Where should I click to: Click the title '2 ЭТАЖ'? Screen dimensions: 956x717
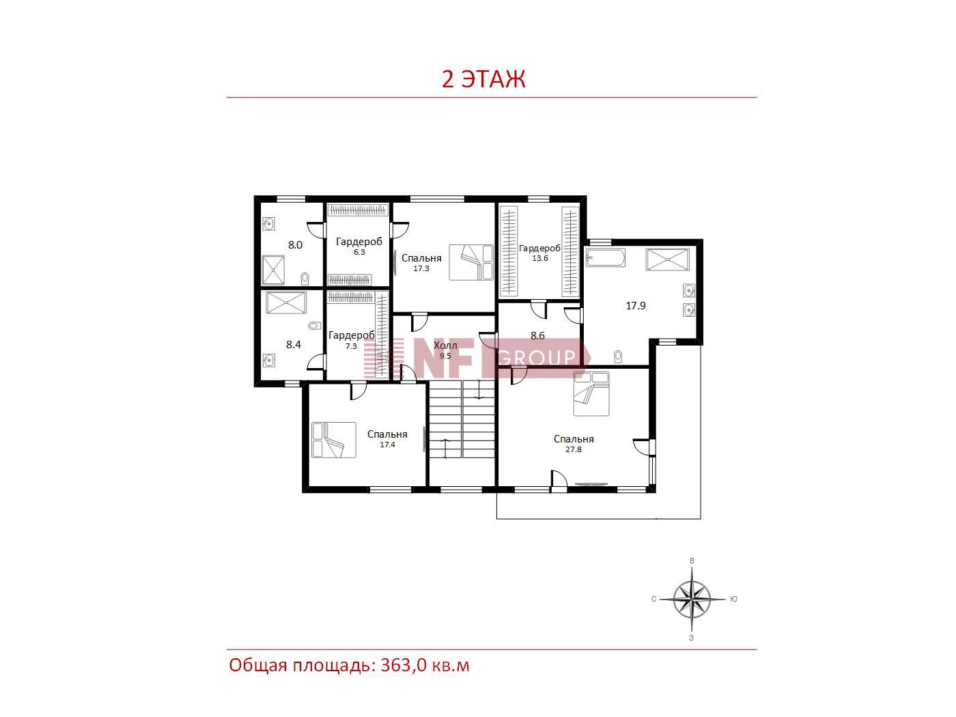click(483, 79)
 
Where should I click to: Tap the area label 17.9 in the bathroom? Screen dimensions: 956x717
click(636, 306)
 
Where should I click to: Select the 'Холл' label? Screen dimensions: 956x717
click(445, 346)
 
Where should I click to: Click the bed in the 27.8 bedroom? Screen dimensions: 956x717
click(591, 393)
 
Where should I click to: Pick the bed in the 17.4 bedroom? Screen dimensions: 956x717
click(334, 440)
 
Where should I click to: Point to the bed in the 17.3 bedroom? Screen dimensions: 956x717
click(470, 262)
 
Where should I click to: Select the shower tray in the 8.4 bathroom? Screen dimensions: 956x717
click(286, 303)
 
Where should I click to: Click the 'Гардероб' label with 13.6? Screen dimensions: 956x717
click(539, 248)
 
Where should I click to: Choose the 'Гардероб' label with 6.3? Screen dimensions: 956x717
click(359, 241)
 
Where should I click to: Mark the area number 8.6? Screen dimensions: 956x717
click(537, 336)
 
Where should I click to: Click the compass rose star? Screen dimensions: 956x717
click(692, 599)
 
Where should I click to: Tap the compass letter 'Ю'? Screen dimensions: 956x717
click(734, 599)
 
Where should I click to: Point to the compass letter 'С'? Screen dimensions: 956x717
click(653, 599)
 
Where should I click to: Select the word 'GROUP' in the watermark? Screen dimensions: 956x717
click(536, 358)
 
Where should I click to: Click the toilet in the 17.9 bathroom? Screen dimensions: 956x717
click(617, 356)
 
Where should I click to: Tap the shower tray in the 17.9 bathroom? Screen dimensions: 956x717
click(668, 259)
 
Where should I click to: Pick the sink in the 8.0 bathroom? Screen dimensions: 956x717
click(268, 225)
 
